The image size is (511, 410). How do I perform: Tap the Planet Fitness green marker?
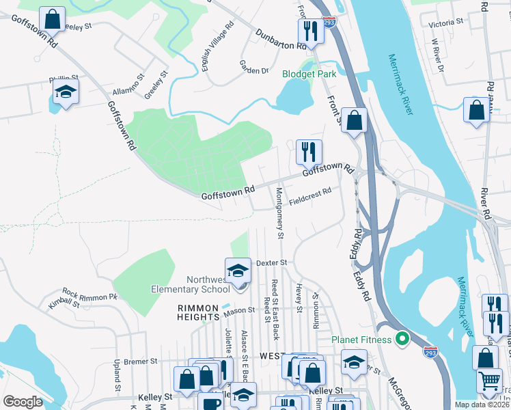pyautogui.click(x=403, y=339)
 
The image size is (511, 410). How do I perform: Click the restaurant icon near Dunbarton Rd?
pyautogui.click(x=310, y=30)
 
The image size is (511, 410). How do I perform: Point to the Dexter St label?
pyautogui.click(x=271, y=262)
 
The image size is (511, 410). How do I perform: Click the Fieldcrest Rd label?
pyautogui.click(x=309, y=197)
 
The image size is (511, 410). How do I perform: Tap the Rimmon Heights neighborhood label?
pyautogui.click(x=198, y=308)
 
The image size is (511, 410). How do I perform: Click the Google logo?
pyautogui.click(x=23, y=402)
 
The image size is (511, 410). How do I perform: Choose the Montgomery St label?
pyautogui.click(x=279, y=213)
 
